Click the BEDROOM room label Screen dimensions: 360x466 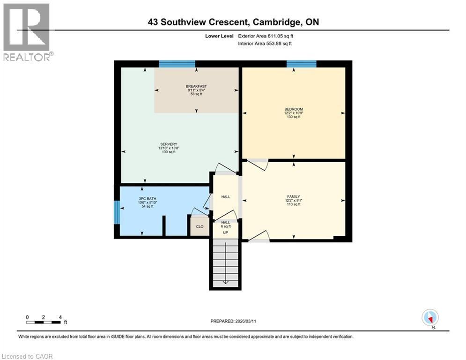point(293,109)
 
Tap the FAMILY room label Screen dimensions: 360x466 point(293,196)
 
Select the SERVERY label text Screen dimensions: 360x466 point(168,144)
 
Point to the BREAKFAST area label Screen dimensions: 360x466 point(196,86)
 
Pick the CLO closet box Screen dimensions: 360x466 point(200,226)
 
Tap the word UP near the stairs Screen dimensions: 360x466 point(225,232)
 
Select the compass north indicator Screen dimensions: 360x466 point(429,318)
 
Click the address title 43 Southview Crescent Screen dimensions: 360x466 point(233,22)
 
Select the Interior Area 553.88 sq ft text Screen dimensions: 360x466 point(265,44)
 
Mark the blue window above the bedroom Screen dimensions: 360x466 point(301,64)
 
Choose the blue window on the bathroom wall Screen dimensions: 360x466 point(117,213)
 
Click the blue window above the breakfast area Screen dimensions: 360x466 point(177,64)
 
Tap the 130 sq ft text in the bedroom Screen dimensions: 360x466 point(293,117)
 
